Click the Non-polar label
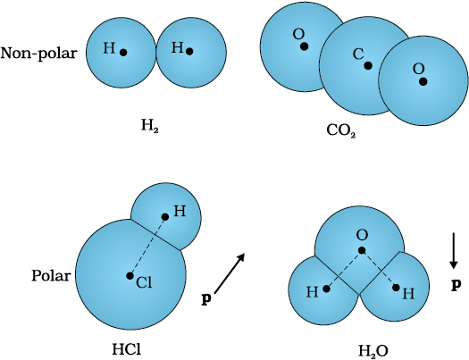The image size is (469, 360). click(39, 54)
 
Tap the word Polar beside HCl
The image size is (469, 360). click(51, 276)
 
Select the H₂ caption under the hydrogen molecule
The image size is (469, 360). click(150, 126)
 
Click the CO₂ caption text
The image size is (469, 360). click(341, 130)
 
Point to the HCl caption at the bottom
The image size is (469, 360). click(126, 349)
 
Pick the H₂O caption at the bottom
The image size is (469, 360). click(373, 350)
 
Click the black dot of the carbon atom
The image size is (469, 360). click(368, 65)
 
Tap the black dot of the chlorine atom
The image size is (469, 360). click(130, 276)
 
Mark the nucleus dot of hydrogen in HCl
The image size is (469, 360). click(164, 217)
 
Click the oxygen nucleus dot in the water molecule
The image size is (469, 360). click(362, 250)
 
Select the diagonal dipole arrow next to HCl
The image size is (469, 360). click(230, 272)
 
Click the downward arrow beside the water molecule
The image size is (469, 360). click(454, 250)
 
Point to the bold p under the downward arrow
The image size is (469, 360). click(456, 285)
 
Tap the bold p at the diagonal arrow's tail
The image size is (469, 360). click(206, 298)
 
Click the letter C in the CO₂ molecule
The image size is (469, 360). click(358, 54)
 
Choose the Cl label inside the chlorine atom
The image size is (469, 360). click(144, 282)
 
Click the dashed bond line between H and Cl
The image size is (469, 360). click(147, 247)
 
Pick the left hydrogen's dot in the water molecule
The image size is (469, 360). click(327, 289)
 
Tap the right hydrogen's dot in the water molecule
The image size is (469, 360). click(396, 288)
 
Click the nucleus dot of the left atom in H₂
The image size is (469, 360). click(123, 53)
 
